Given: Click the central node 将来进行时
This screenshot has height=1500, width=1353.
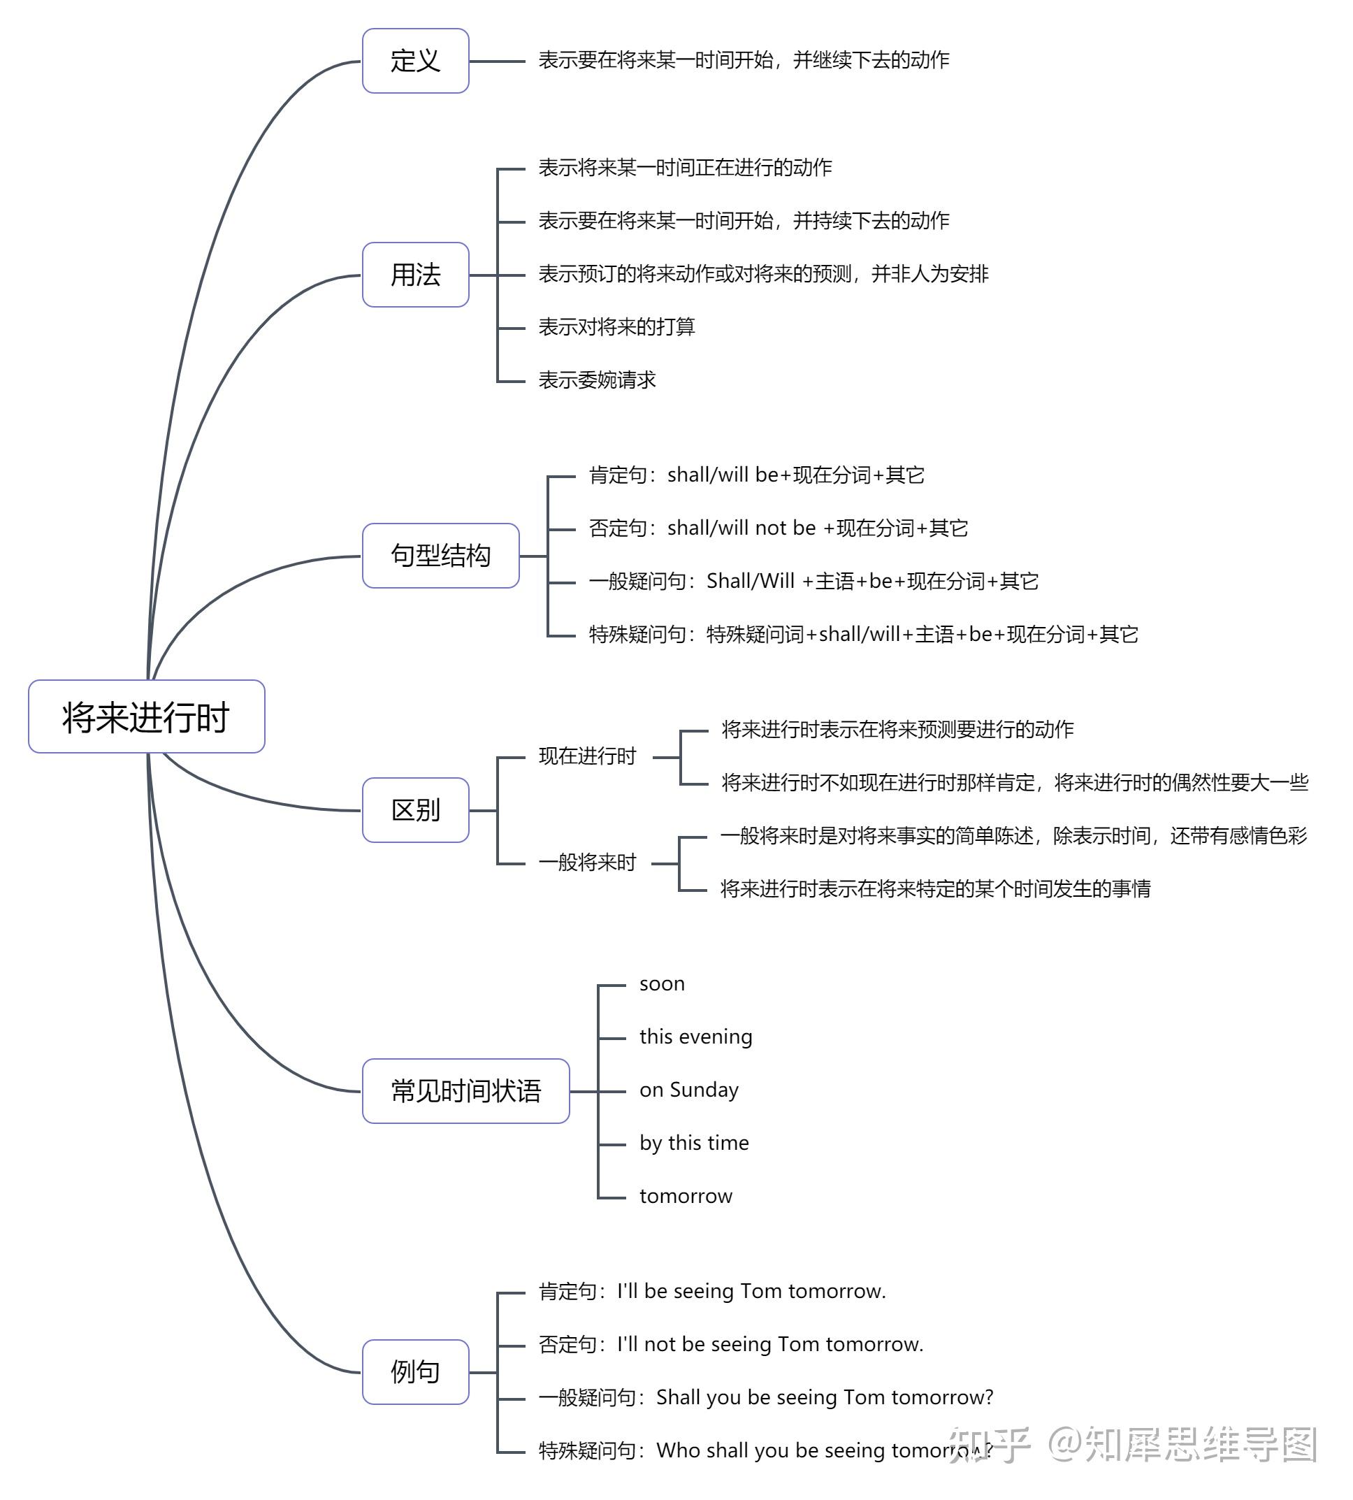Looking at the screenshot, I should pyautogui.click(x=147, y=717).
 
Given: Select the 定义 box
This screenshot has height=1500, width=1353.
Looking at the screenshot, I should pyautogui.click(x=415, y=61).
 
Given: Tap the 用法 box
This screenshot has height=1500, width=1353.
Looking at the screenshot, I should pyautogui.click(x=415, y=275).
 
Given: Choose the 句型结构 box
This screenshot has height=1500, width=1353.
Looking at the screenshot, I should pyautogui.click(x=440, y=556).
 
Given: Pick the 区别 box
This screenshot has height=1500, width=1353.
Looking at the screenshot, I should pyautogui.click(x=415, y=810).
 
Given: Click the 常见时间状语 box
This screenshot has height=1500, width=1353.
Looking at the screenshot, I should pyautogui.click(x=465, y=1091).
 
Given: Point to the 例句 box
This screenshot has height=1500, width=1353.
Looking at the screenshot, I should pyautogui.click(x=415, y=1371).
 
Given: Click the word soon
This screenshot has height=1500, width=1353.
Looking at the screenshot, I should pyautogui.click(x=662, y=984).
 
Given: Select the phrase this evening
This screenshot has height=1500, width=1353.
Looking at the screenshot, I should pyautogui.click(x=696, y=1037).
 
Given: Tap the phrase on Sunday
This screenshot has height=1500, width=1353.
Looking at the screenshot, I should pyautogui.click(x=689, y=1090).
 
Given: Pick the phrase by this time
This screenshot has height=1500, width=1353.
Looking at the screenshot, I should pyautogui.click(x=695, y=1143).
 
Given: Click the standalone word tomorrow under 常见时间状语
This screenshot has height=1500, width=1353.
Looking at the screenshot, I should pyautogui.click(x=686, y=1196).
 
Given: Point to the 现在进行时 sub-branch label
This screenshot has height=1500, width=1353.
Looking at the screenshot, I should pyautogui.click(x=587, y=756).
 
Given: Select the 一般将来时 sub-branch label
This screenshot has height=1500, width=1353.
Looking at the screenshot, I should pyautogui.click(x=587, y=863).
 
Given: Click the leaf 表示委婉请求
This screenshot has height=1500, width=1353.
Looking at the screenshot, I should pyautogui.click(x=597, y=380).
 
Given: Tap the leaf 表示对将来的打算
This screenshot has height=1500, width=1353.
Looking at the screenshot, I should pyautogui.click(x=616, y=326).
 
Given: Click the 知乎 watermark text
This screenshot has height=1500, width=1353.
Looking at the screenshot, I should pyautogui.click(x=989, y=1444).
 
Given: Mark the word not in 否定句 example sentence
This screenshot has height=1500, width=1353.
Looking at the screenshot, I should pyautogui.click(x=660, y=1345).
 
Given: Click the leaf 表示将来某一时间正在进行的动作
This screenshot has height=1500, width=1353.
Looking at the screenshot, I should pyautogui.click(x=685, y=168).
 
